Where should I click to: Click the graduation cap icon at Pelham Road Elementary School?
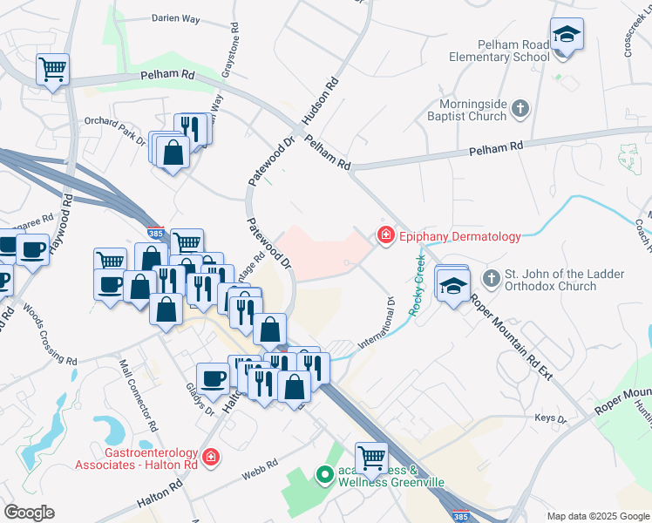pyautogui.click(x=567, y=35)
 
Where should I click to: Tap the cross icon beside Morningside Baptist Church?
pyautogui.click(x=520, y=109)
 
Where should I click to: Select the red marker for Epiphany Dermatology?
pyautogui.click(x=384, y=235)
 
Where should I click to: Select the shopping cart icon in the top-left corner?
pyautogui.click(x=52, y=68)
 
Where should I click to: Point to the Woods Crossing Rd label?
pyautogui.click(x=51, y=336)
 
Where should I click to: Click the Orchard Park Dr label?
pyautogui.click(x=115, y=128)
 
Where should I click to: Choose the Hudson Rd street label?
pyautogui.click(x=319, y=105)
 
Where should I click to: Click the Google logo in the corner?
pyautogui.click(x=29, y=512)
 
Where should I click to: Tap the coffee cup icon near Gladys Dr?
pyautogui.click(x=214, y=378)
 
